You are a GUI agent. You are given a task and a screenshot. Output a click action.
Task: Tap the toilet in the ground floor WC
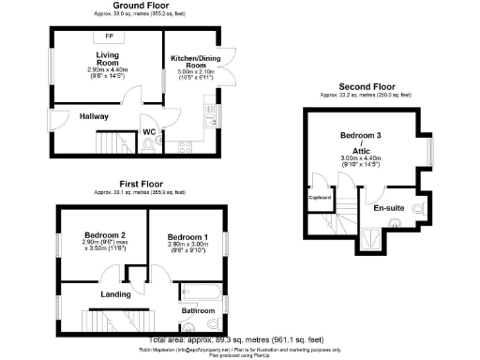(152, 143)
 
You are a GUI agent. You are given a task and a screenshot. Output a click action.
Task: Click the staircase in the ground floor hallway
(111, 143)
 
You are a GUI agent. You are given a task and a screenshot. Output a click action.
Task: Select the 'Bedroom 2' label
(104, 234)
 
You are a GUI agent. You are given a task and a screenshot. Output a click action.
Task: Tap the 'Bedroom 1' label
(188, 234)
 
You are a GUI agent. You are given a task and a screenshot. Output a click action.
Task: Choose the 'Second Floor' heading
(352, 89)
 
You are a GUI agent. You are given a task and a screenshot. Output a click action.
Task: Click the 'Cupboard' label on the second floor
(319, 198)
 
